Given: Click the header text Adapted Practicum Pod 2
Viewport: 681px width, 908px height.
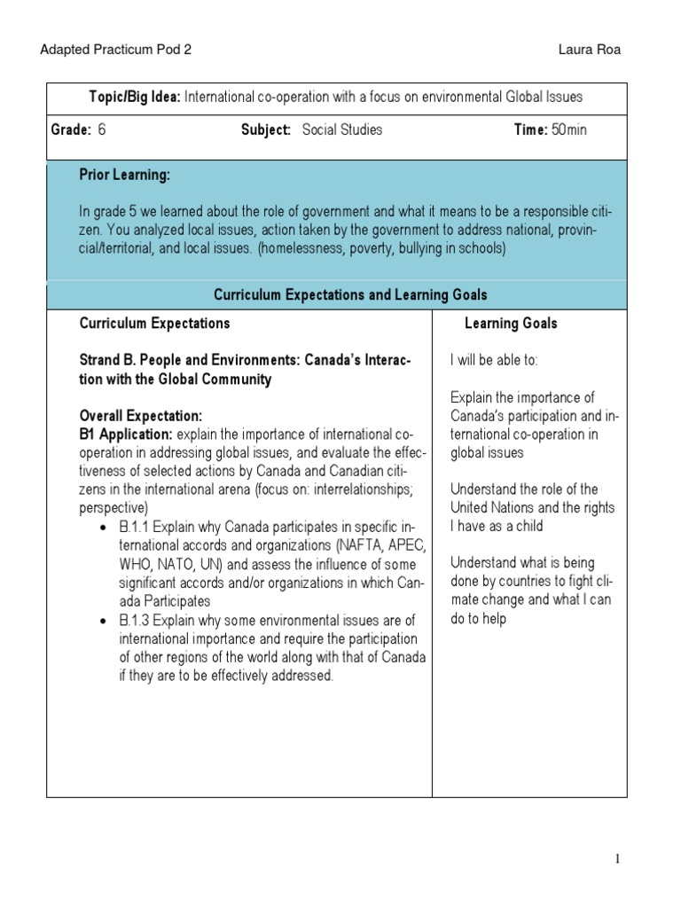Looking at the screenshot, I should tap(115, 50).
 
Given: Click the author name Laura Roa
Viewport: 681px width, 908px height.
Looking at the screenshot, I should tap(590, 50).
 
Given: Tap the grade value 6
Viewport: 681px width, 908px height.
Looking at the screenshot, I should tap(102, 129).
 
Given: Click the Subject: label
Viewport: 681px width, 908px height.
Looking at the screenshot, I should tap(266, 129).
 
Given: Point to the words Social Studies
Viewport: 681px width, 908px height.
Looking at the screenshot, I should tap(342, 129).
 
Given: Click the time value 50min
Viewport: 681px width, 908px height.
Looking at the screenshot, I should tap(568, 129).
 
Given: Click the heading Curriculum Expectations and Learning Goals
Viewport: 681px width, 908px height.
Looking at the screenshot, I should tap(350, 294).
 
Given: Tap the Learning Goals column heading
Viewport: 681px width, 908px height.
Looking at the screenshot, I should tap(511, 324).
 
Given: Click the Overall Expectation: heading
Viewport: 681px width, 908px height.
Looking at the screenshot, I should tap(141, 415).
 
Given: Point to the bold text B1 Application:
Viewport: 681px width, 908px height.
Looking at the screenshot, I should tap(126, 434).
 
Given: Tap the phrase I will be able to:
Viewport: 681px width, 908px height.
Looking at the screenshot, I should tap(494, 360).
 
